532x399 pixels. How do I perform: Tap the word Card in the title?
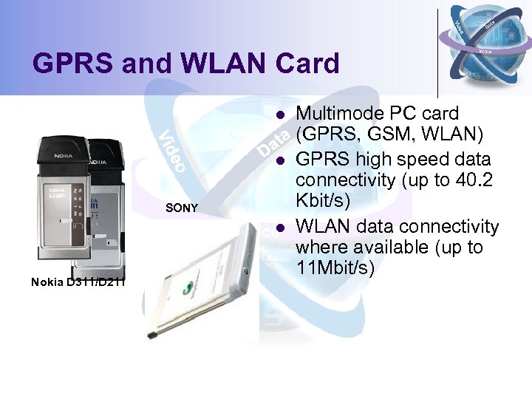coord(307,64)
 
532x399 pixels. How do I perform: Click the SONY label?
coord(181,208)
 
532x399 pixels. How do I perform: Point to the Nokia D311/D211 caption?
coord(78,281)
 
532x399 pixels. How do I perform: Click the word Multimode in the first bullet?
coord(335,114)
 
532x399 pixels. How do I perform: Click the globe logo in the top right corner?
coord(483,44)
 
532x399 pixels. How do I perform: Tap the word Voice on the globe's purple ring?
coord(485,51)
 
